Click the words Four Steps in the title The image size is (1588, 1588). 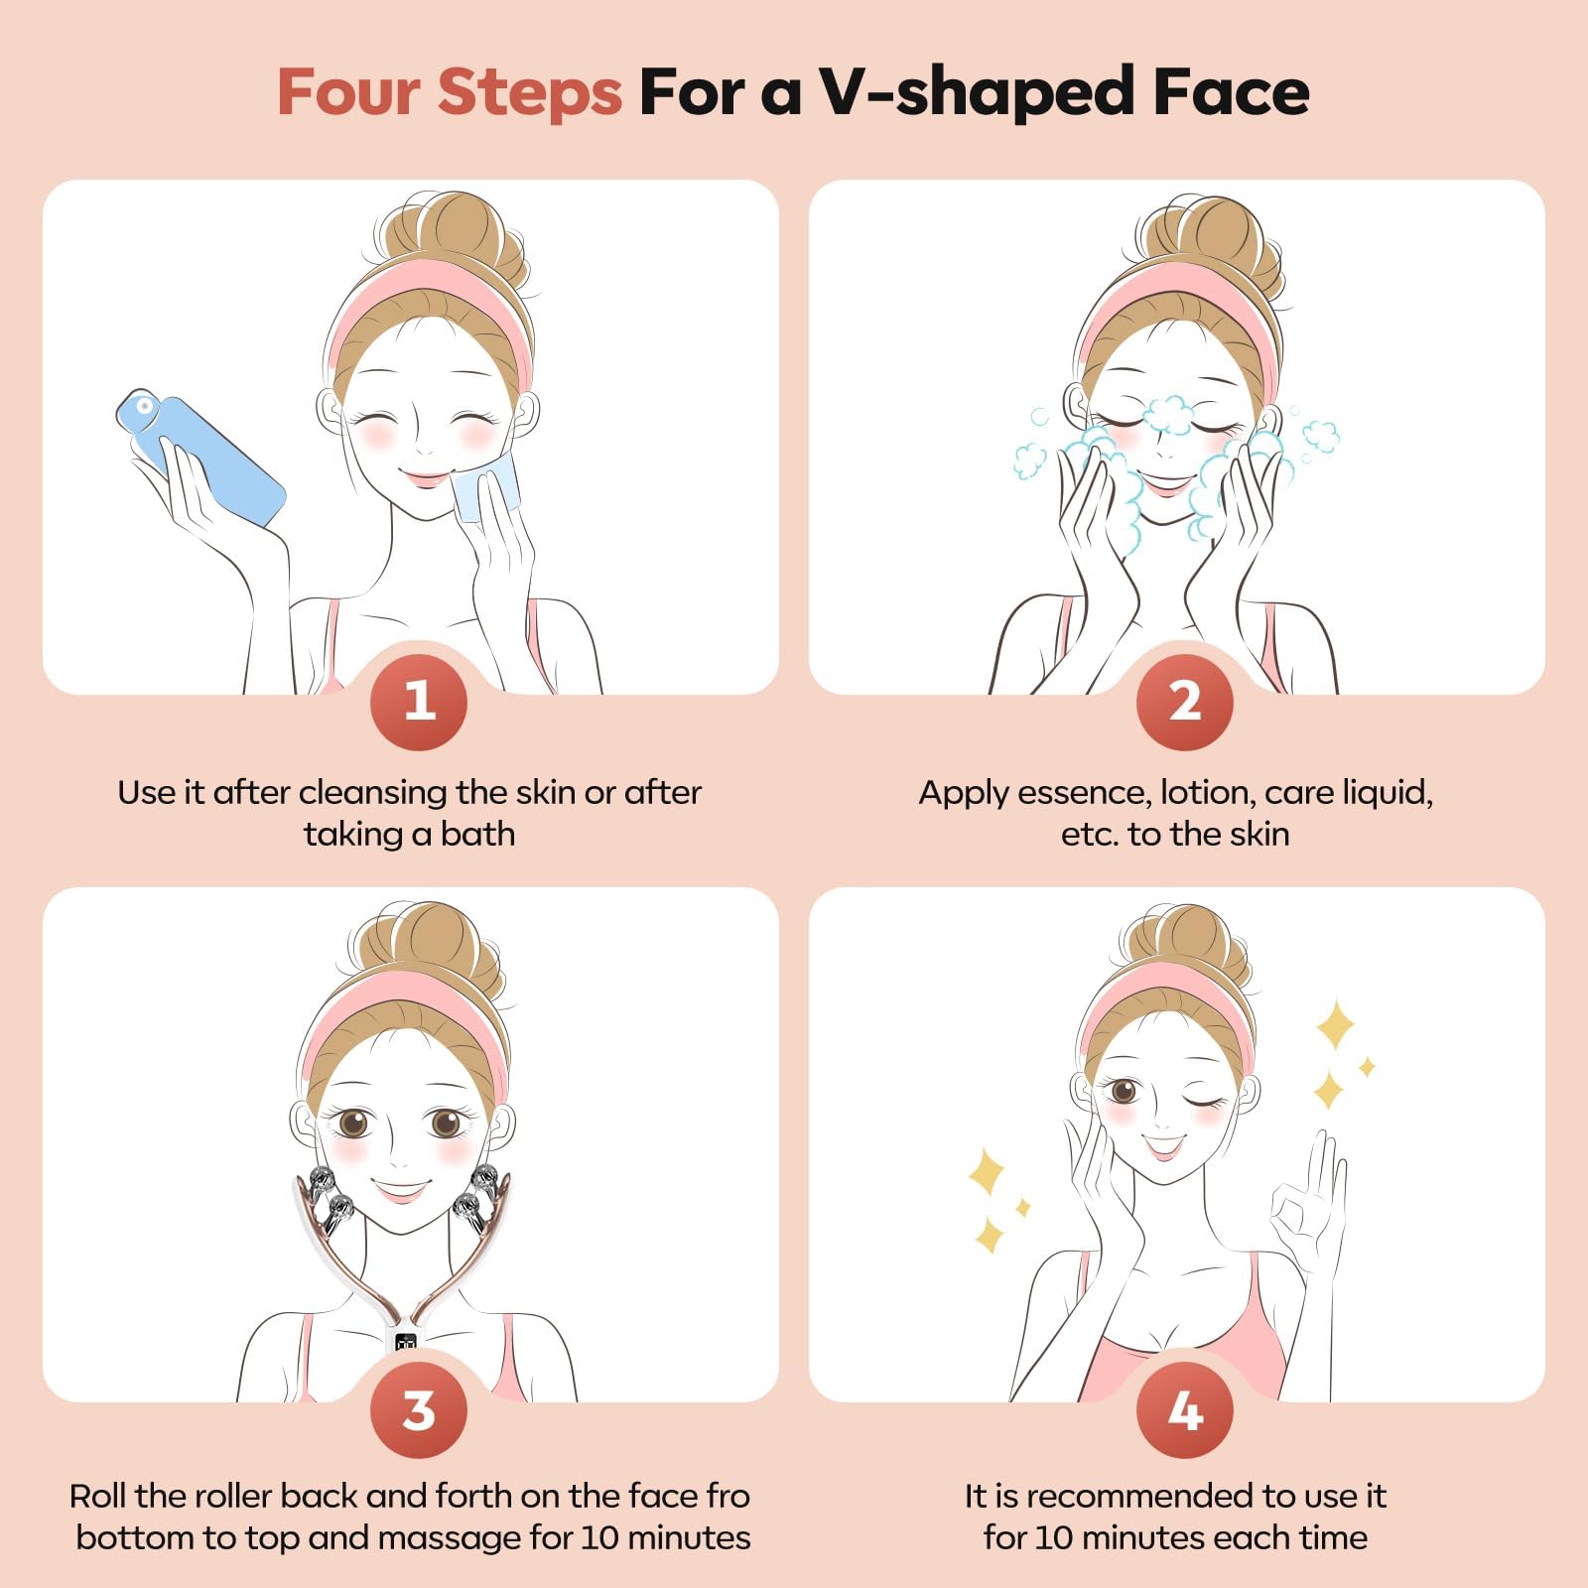449,92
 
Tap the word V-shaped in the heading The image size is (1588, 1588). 978,92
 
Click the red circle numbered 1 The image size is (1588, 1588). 419,701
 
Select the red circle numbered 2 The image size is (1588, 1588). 1185,701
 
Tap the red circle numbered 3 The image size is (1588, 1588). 419,1409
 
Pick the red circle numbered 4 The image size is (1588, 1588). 1185,1409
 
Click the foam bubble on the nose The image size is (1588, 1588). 1169,414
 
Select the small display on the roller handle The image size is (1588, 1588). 405,1343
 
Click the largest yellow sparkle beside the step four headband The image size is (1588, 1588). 1335,1024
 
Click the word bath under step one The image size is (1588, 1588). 477,834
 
